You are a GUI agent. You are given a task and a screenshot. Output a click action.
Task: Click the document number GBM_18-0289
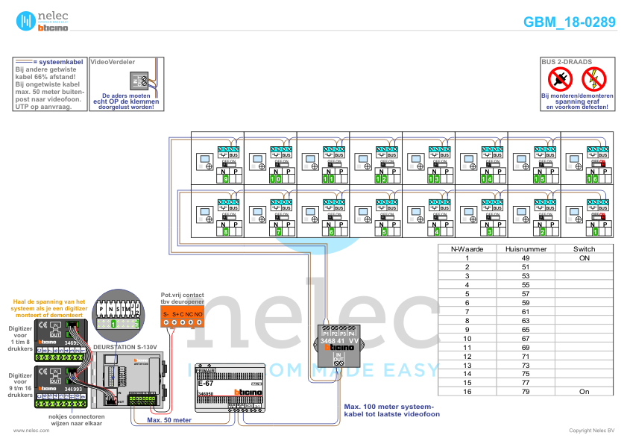(570, 22)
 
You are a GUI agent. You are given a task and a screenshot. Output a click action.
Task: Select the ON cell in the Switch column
(584, 257)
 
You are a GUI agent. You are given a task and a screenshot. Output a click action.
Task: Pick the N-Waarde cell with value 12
(467, 356)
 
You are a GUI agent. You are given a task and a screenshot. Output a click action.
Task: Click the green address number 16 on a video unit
(593, 179)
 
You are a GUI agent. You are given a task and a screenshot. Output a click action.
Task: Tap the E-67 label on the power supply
(206, 383)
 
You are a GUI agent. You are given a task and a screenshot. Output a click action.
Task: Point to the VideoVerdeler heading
(113, 63)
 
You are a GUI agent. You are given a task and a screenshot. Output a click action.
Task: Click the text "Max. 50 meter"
(169, 420)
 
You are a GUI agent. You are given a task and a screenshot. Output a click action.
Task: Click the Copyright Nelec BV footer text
(591, 431)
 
